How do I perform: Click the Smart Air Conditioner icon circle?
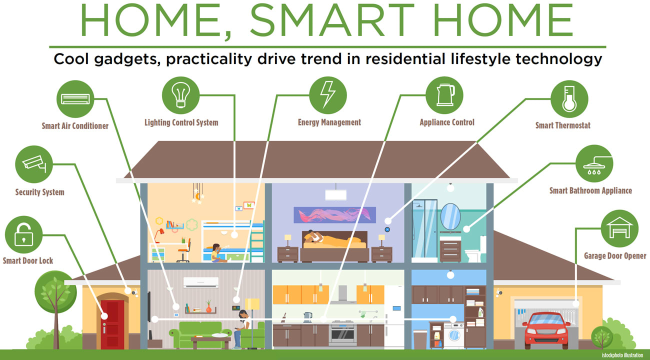tap(75, 98)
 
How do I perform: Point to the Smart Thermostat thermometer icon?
tap(569, 98)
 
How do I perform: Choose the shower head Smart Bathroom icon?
tap(594, 163)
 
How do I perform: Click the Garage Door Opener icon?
tap(619, 228)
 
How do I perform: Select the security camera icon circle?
tap(34, 164)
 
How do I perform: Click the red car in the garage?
tap(546, 327)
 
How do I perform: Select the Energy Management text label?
tap(329, 122)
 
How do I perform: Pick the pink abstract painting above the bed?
tap(334, 214)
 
